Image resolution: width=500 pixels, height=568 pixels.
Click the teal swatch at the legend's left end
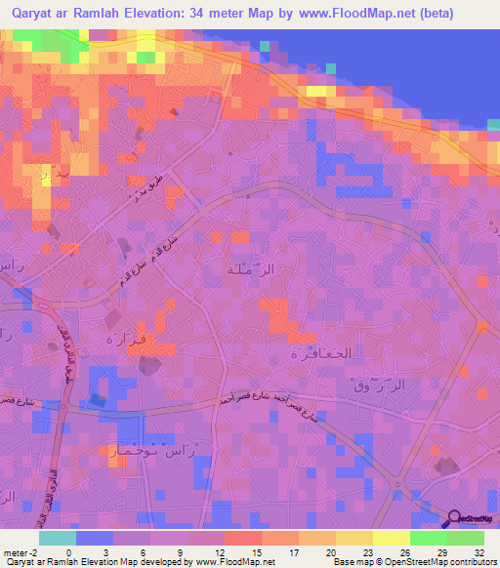[58, 538]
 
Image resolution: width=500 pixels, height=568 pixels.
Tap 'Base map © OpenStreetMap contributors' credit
[414, 561]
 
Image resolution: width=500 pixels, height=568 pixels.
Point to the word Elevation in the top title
[166, 15]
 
